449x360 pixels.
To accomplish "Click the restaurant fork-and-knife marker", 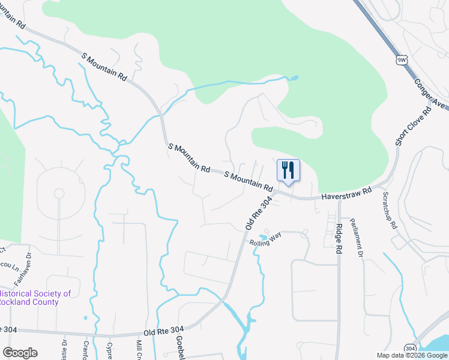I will tap(288, 170).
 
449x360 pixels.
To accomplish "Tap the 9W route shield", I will tap(402, 60).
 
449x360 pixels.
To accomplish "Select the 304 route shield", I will tap(411, 347).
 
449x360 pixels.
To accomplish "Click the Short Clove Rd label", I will tap(412, 127).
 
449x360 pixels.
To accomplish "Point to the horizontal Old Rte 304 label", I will tap(163, 331).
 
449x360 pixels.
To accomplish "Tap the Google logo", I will tap(20, 353).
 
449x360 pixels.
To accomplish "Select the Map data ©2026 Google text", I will tap(411, 355).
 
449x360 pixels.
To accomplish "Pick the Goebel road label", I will tap(179, 347).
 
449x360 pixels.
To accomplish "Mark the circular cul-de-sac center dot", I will tap(59, 193).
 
